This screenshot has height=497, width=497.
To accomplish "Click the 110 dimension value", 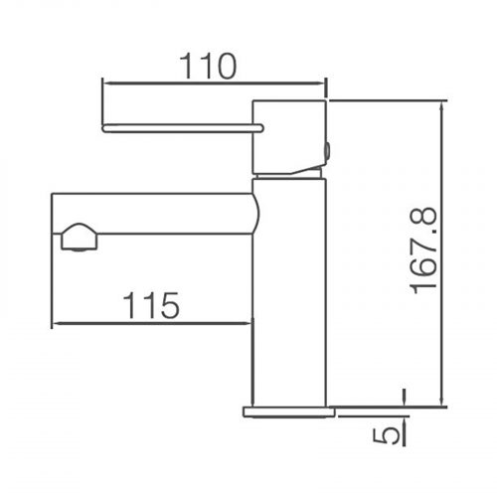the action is click(x=208, y=66).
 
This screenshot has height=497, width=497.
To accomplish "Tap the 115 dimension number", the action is click(x=151, y=305).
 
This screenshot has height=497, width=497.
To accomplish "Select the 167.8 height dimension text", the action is click(x=423, y=250).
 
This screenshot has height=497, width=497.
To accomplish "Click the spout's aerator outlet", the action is click(x=80, y=237).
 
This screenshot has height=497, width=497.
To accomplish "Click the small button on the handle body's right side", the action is click(x=328, y=149).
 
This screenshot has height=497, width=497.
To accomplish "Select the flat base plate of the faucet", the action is click(x=289, y=412).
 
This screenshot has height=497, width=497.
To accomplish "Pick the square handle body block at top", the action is click(x=289, y=137).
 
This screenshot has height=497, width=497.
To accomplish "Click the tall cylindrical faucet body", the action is click(x=289, y=292).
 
